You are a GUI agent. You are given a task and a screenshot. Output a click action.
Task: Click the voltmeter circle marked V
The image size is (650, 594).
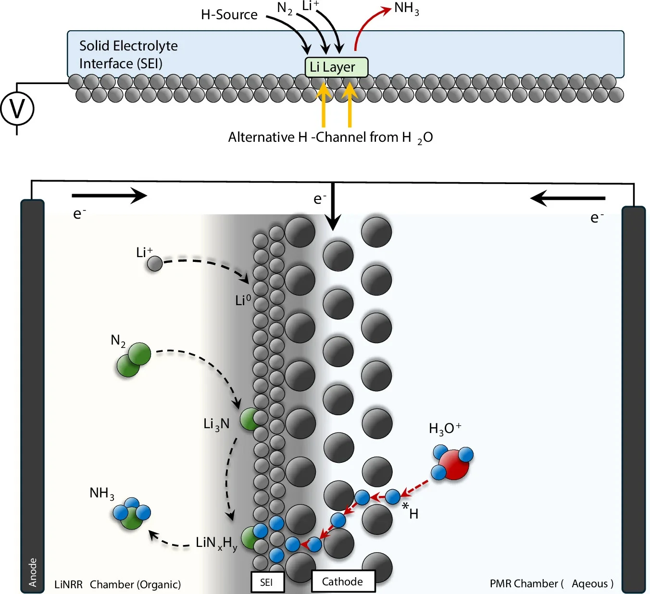(x=17, y=109)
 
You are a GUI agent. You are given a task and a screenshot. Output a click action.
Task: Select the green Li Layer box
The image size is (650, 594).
(x=336, y=67)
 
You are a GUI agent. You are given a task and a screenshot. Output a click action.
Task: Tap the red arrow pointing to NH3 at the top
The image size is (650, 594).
(x=368, y=24)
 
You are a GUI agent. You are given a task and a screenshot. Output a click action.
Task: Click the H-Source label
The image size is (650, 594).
(x=229, y=15)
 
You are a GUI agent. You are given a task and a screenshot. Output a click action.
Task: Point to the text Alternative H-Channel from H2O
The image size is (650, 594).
(x=330, y=137)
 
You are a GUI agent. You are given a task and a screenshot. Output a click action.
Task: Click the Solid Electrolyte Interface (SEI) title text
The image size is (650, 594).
(x=128, y=55)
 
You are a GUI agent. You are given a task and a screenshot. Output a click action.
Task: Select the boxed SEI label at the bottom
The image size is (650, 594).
(x=267, y=582)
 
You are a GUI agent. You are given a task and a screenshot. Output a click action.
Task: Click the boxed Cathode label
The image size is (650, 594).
(x=343, y=582)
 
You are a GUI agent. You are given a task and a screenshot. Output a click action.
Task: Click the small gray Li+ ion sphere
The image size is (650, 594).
(x=154, y=263)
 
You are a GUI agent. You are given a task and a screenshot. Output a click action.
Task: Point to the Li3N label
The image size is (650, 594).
(x=216, y=424)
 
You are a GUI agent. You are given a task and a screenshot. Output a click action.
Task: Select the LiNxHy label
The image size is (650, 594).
(x=216, y=543)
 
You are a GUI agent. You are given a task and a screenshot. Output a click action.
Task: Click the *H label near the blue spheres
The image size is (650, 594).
(x=410, y=511)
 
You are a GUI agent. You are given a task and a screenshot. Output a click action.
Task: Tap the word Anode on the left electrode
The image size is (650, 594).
(x=33, y=572)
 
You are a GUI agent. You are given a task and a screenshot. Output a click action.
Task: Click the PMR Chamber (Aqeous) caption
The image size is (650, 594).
(x=551, y=583)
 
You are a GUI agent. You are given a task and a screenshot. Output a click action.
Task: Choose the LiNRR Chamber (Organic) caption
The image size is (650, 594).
(x=117, y=584)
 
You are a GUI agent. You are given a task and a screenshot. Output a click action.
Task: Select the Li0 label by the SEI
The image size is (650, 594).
(x=243, y=300)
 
